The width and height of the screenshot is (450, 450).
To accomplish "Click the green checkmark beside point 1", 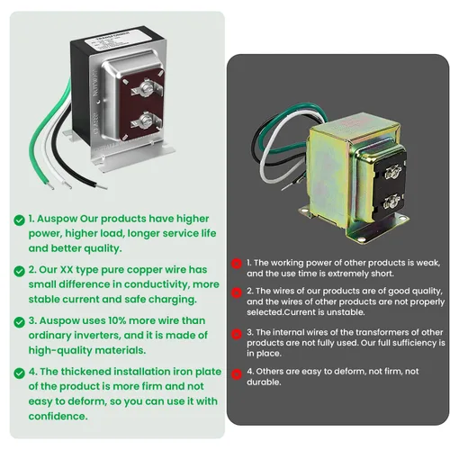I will (x=18, y=219).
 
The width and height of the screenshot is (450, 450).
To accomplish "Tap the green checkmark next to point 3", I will (x=18, y=320).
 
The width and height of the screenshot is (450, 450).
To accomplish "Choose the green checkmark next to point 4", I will (x=18, y=372).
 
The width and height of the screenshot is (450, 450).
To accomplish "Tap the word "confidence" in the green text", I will (x=58, y=416).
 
